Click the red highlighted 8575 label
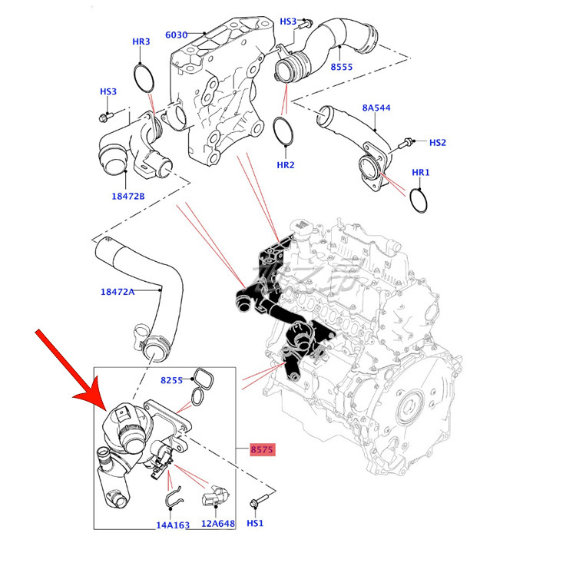pos(262,450)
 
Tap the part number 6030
pos(177,35)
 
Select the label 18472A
pos(118,291)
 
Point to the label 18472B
pos(128,196)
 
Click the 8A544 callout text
pos(376,108)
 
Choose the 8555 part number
pos(341,68)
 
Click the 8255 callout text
pos(172,380)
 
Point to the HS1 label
pos(255,523)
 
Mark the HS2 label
pos(437,142)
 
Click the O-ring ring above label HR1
pos(419,201)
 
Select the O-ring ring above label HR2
pos(284,131)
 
